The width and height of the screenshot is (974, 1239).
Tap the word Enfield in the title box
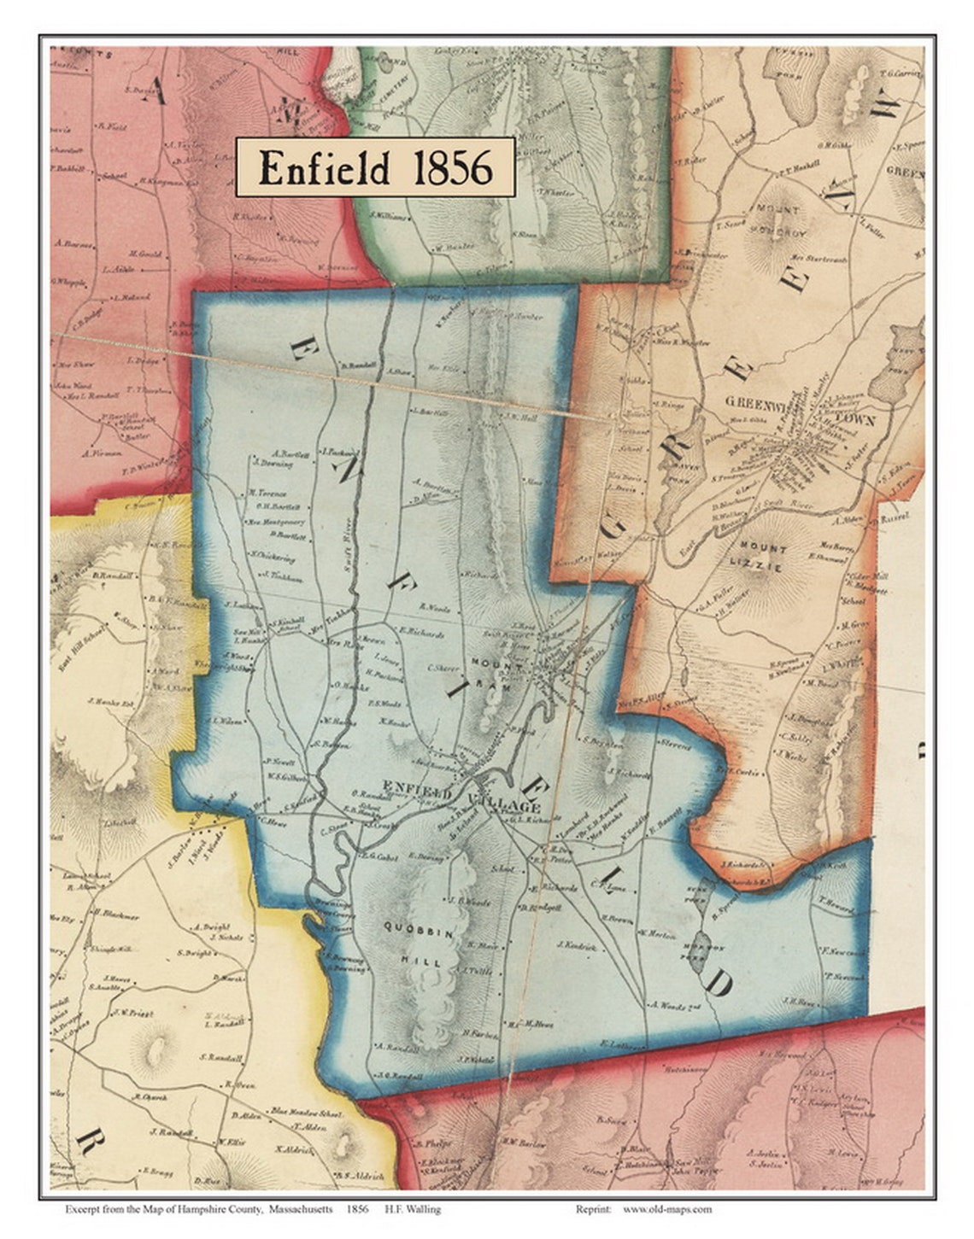click(x=324, y=168)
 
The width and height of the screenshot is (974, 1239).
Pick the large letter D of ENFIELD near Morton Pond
click(x=719, y=984)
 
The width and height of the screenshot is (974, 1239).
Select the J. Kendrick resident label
click(x=575, y=944)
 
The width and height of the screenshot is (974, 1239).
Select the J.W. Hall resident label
click(x=519, y=418)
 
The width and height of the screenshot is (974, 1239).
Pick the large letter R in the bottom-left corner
click(x=87, y=1142)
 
